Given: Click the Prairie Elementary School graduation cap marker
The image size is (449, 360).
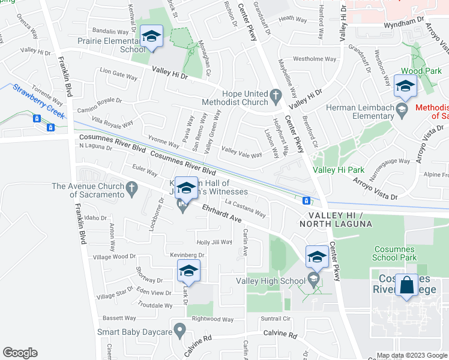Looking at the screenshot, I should click(151, 37).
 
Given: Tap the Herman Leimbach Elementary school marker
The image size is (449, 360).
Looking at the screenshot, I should click(405, 86).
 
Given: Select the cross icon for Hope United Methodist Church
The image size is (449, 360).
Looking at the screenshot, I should click(276, 95).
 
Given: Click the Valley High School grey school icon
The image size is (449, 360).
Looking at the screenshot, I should click(313, 278).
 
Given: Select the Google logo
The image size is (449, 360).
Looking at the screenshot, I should click(20, 353).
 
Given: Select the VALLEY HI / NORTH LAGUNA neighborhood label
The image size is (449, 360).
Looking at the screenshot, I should click(340, 219).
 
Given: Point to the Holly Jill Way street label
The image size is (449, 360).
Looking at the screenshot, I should click(214, 242).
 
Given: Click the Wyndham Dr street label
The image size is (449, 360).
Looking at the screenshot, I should click(403, 22).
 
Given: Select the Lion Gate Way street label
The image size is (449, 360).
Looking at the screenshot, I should click(119, 74).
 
